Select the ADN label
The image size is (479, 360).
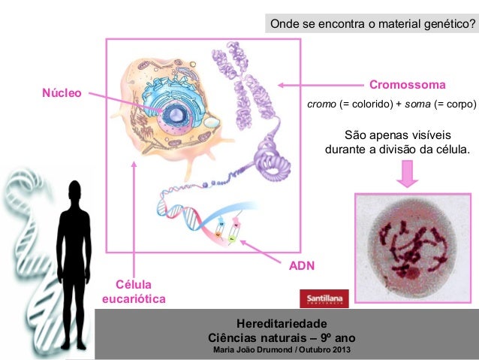(303, 265)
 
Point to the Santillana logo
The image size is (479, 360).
(325, 298)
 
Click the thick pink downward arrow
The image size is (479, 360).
(408, 174)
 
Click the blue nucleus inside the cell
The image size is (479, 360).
(178, 114)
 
